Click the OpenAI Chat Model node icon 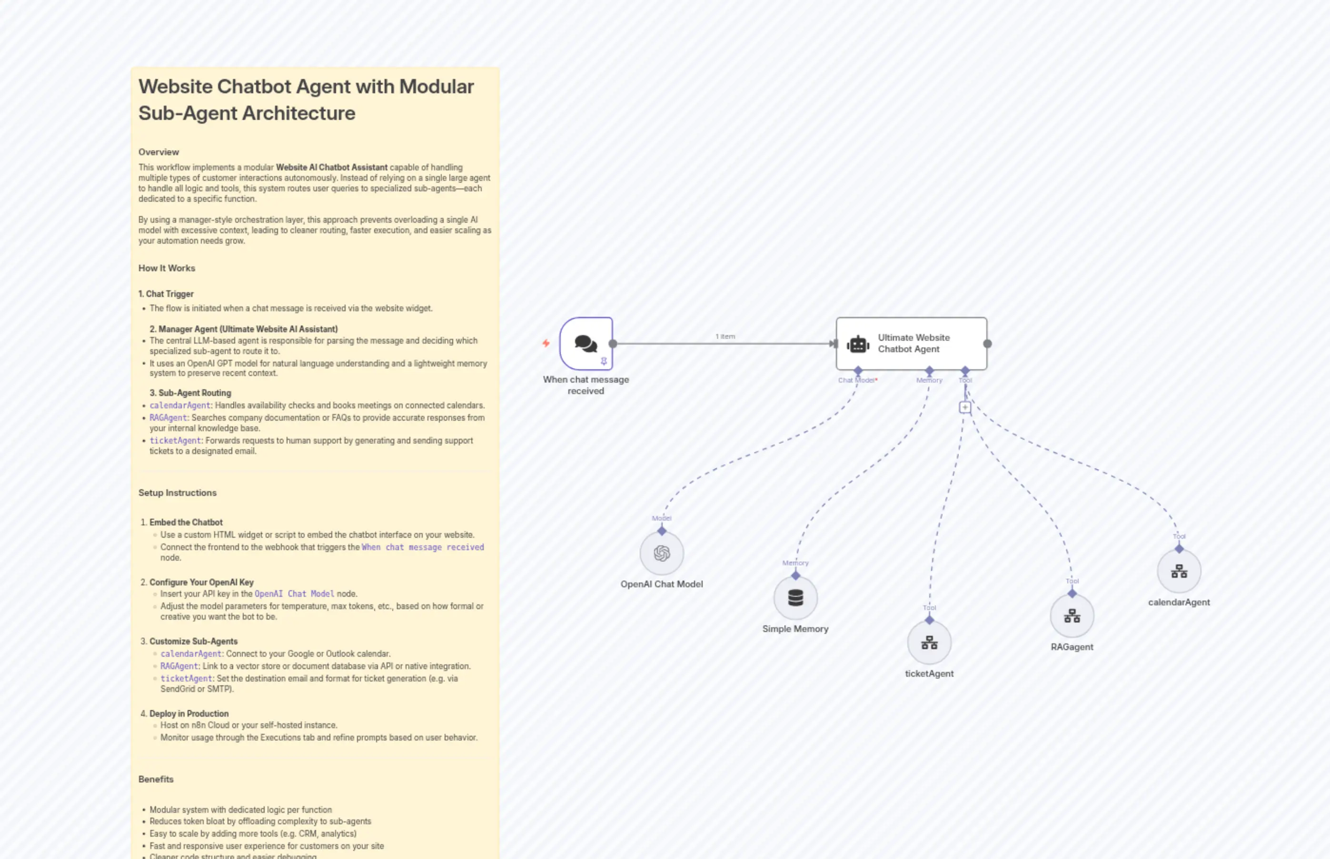[662, 553]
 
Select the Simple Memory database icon [795, 597]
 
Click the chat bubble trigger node [586, 343]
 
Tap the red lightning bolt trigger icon [546, 343]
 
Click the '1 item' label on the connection [725, 336]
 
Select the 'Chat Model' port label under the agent [857, 380]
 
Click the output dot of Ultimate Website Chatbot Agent [987, 344]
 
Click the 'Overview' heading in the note [159, 152]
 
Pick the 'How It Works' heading [167, 268]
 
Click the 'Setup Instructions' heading [178, 493]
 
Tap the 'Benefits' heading [156, 779]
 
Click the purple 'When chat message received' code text [423, 547]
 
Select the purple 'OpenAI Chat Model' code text [294, 593]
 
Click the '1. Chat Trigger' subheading [166, 294]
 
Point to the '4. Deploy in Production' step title [189, 713]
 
